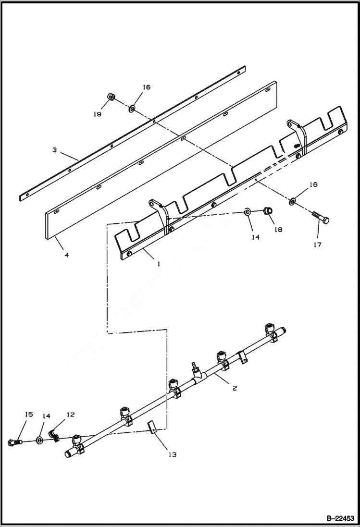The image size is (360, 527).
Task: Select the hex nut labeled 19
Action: [111, 96]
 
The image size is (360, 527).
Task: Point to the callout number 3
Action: [55, 150]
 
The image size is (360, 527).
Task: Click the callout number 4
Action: [66, 255]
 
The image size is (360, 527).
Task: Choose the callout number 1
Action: [158, 264]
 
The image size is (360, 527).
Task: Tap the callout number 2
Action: [234, 388]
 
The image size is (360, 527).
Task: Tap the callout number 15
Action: [29, 414]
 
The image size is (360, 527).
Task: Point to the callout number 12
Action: [70, 414]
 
